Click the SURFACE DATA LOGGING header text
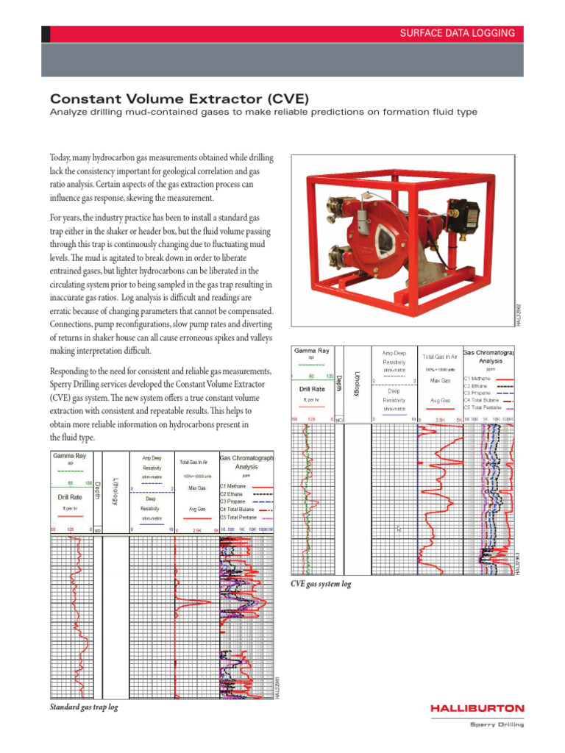tap(467, 34)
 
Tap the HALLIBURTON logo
tap(477, 708)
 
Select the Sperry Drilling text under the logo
tap(497, 724)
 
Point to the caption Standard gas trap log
tap(83, 707)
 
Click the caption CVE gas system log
tap(321, 584)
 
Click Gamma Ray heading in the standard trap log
tap(69, 456)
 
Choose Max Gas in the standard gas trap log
tap(196, 488)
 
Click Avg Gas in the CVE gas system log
tap(440, 401)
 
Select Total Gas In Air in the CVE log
tap(441, 355)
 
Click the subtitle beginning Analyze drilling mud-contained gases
tap(263, 112)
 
